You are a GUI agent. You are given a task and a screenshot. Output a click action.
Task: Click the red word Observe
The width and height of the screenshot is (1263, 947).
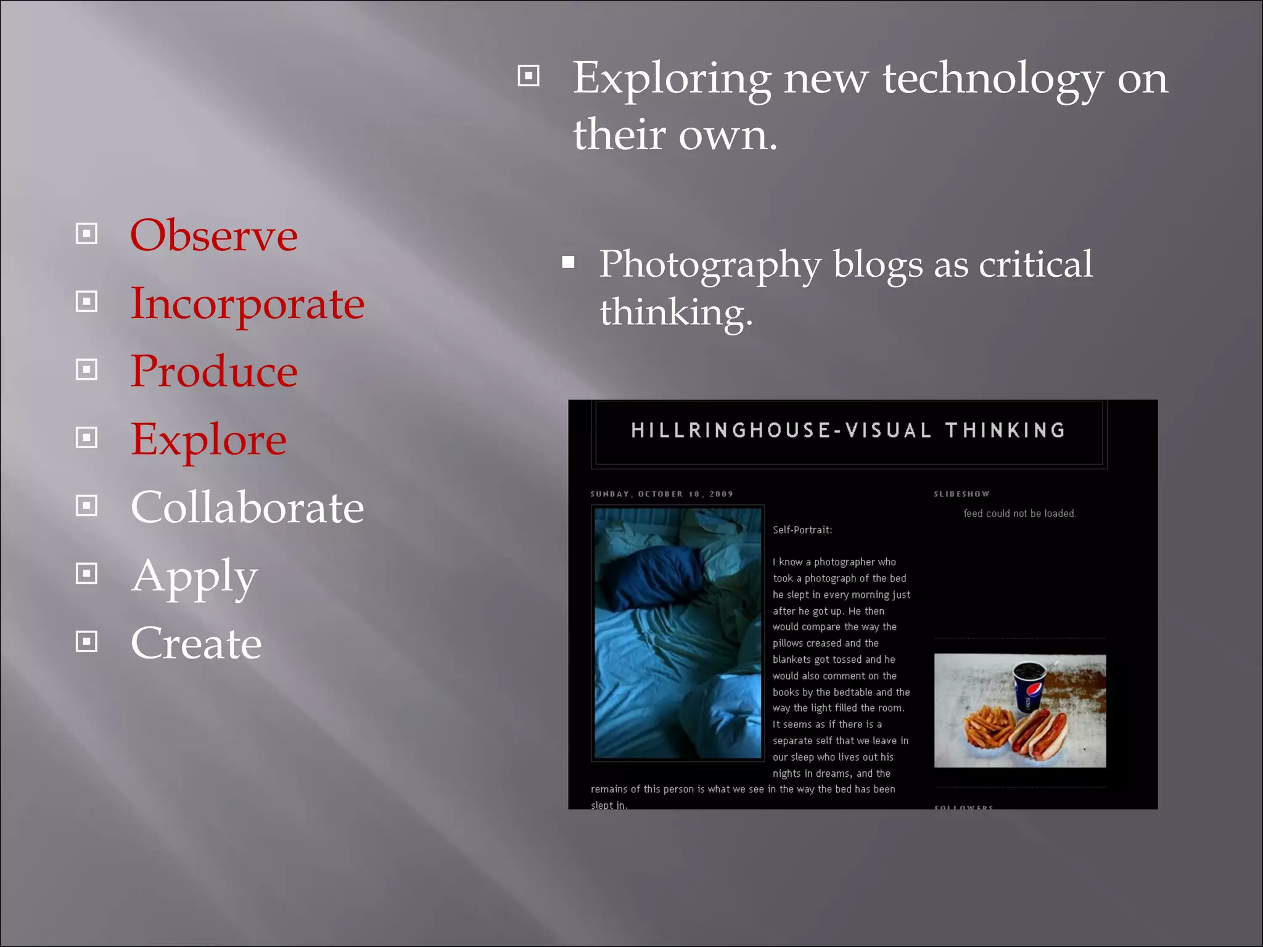tap(213, 236)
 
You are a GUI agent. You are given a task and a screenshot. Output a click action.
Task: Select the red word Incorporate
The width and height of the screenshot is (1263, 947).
tap(247, 303)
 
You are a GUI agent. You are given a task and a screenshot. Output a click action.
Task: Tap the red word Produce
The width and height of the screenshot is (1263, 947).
tap(213, 371)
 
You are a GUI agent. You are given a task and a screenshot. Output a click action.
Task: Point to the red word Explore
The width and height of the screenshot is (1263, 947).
tap(208, 440)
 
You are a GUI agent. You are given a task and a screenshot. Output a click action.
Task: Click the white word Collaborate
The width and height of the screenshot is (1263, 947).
tap(247, 507)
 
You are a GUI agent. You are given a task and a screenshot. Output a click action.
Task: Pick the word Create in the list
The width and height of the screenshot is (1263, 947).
tap(196, 643)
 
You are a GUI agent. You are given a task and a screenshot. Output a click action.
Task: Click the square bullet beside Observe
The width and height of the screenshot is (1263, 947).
tap(86, 234)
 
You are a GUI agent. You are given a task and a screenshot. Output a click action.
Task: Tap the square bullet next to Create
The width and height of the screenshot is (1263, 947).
tap(86, 642)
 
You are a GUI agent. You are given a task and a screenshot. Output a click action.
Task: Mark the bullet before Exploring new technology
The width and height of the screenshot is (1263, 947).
tap(529, 76)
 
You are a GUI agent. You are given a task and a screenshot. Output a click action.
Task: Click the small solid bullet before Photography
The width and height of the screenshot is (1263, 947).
tap(568, 263)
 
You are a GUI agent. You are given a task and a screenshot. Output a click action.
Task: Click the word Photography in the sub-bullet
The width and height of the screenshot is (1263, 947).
tap(710, 265)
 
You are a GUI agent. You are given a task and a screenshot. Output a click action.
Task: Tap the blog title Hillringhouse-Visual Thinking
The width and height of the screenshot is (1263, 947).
tap(848, 430)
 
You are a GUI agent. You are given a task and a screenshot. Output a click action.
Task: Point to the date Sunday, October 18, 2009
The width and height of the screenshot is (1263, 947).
tap(661, 494)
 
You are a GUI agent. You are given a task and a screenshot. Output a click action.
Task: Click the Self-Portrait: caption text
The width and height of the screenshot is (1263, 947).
tap(802, 530)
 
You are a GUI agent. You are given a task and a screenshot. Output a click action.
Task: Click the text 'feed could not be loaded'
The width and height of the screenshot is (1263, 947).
tap(1019, 514)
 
